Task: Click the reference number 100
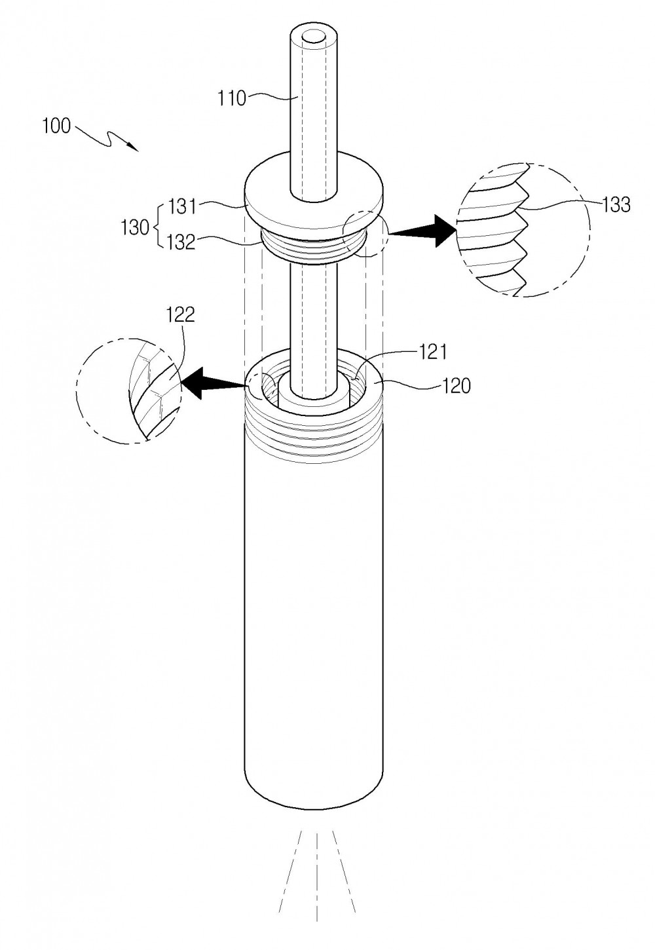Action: click(56, 126)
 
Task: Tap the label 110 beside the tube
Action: click(232, 98)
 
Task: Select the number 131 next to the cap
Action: click(183, 208)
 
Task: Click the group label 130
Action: click(135, 228)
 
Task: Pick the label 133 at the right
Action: click(616, 205)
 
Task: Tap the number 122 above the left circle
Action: click(181, 315)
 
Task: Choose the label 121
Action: click(432, 352)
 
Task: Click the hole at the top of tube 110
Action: click(314, 37)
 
